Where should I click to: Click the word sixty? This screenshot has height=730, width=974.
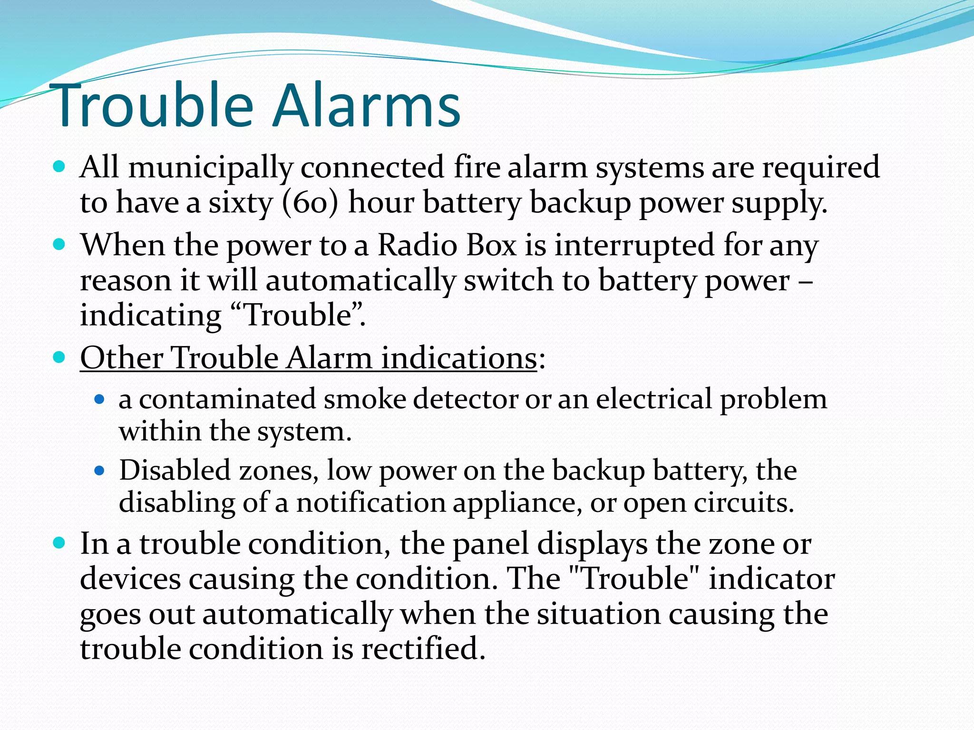pos(241,203)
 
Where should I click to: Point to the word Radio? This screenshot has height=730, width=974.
pos(418,246)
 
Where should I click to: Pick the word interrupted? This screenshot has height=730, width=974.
pos(635,246)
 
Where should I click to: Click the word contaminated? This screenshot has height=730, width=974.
pos(227,399)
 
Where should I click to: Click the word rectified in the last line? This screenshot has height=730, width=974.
pos(423,649)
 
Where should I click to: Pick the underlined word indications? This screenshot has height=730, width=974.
pos(459,358)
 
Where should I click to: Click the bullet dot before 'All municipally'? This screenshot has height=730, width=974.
pos(59,167)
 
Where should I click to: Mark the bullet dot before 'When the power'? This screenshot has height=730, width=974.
pos(59,245)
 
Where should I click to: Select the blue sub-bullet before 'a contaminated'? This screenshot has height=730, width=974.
pos(99,399)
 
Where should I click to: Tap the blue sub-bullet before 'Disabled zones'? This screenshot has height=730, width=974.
pos(99,471)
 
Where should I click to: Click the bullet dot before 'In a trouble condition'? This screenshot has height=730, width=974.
pos(59,543)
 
